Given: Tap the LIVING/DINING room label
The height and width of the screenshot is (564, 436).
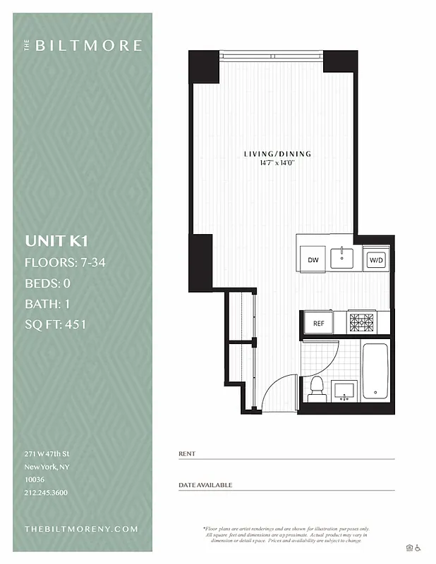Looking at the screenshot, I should click(x=277, y=154).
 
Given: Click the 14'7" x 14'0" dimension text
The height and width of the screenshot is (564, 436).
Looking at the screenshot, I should click(x=277, y=163).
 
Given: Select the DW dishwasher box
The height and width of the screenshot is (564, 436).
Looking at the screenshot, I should click(x=312, y=260).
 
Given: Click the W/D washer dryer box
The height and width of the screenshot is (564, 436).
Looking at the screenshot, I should click(x=375, y=260).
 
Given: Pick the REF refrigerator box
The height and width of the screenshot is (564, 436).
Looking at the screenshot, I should click(x=318, y=323).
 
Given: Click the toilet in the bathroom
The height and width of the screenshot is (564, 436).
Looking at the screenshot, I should click(x=317, y=388).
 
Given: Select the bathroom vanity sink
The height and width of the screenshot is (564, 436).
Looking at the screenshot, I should click(x=346, y=390).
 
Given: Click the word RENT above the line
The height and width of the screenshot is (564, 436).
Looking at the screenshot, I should click(x=187, y=454).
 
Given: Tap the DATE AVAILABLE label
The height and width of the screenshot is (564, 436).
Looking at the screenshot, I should click(x=205, y=485).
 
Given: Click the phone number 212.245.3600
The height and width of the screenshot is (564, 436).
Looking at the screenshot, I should click(x=46, y=493).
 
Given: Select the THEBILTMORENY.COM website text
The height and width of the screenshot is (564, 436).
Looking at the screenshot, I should click(x=80, y=529).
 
